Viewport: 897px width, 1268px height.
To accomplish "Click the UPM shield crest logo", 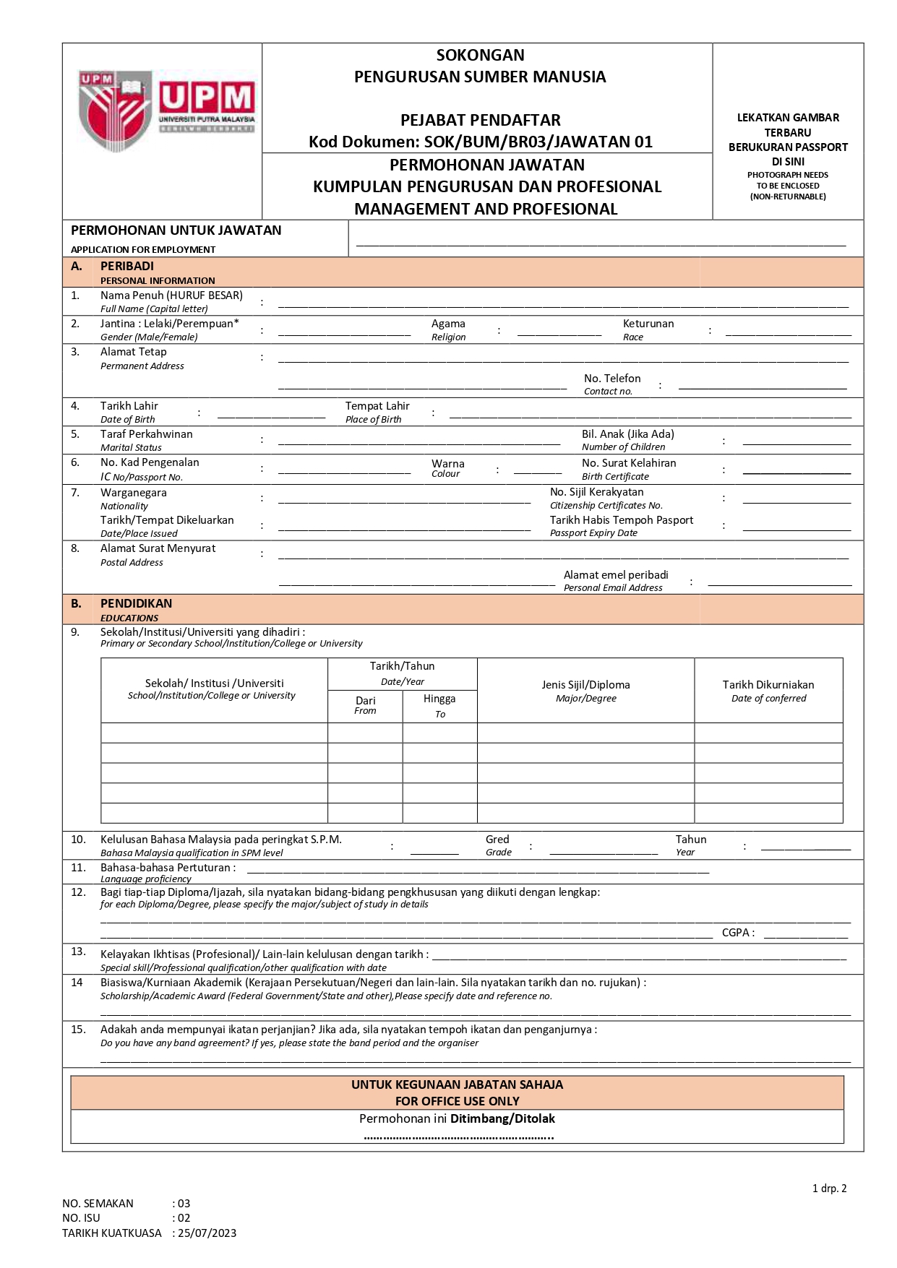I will [116, 111].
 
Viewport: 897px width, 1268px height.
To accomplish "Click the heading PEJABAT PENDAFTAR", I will [481, 120].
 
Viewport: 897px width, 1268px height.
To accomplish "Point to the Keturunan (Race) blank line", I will [788, 335].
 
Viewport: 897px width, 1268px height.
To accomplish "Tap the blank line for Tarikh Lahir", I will [271, 417].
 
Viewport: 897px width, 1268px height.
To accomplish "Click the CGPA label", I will [737, 933].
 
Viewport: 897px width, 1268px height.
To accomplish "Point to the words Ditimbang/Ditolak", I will [502, 1119].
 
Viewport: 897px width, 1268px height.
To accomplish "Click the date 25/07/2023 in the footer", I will [207, 1233].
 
